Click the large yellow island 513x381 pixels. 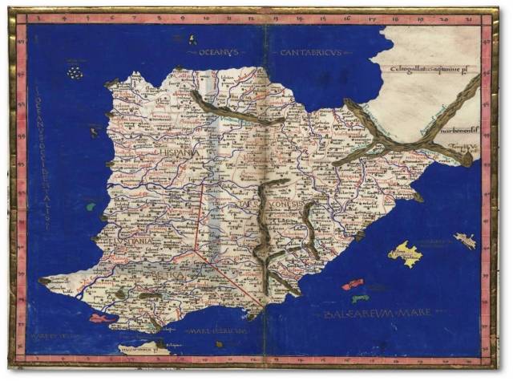tap(405, 254)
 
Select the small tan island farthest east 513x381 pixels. tap(465, 240)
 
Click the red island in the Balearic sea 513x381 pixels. tap(353, 284)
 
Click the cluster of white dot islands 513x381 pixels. tap(75, 73)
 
